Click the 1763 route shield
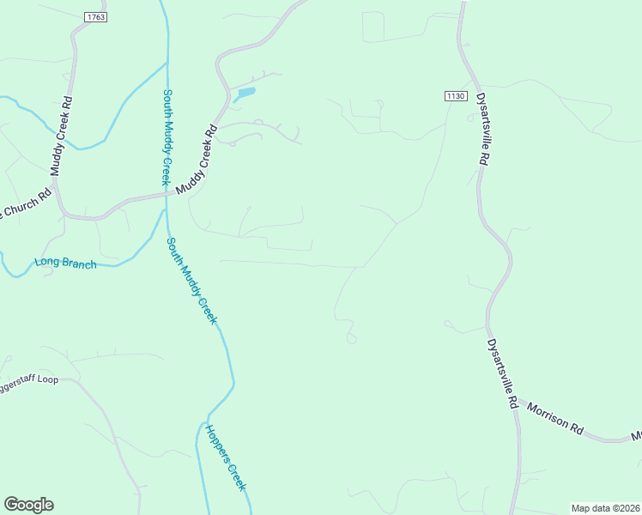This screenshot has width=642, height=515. [x=94, y=16]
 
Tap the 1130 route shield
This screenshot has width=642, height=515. [x=455, y=95]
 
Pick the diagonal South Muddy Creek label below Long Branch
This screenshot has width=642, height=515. [x=192, y=281]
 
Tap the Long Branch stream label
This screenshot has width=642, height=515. [x=65, y=264]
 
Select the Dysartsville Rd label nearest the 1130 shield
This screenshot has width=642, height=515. [x=481, y=129]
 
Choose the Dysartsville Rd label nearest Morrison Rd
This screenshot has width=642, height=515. [x=502, y=374]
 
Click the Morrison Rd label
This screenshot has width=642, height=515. [x=555, y=418]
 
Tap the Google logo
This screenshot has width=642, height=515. [x=28, y=505]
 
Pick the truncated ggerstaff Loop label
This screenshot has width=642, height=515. [x=28, y=379]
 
